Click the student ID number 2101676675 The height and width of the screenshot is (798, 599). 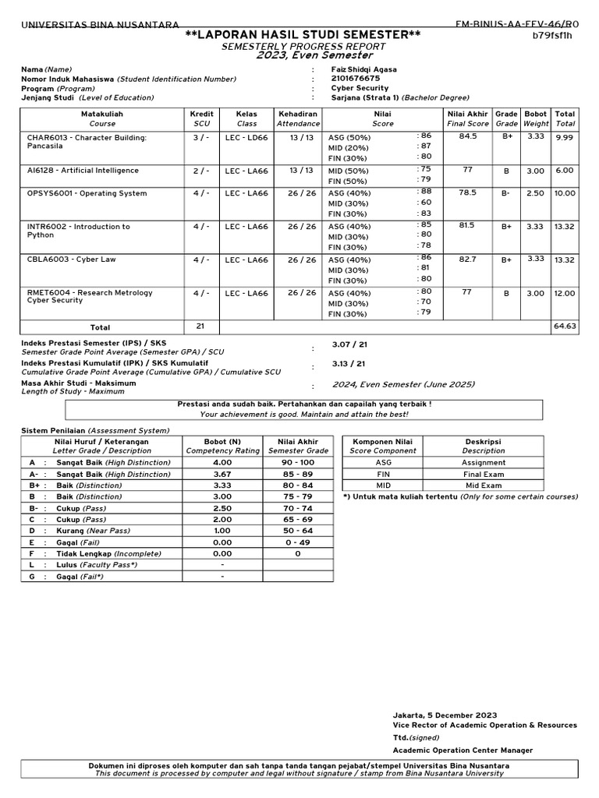(x=356, y=79)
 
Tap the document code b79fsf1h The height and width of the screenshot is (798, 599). (x=552, y=36)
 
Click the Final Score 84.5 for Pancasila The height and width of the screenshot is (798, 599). (x=468, y=136)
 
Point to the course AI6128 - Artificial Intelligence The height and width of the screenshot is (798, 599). (x=83, y=170)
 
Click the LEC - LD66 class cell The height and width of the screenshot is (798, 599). (x=246, y=138)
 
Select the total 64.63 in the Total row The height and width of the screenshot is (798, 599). (x=565, y=327)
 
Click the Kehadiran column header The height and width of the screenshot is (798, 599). (x=298, y=114)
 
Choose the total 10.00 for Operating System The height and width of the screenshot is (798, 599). (x=565, y=192)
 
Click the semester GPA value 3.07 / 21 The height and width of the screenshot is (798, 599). (x=349, y=344)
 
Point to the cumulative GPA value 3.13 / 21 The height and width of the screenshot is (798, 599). (x=349, y=363)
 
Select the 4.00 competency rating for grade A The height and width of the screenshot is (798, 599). (x=222, y=462)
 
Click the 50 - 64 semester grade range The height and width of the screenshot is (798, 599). (x=297, y=530)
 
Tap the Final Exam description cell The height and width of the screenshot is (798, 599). (x=483, y=473)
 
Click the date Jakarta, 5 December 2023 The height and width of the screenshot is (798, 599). (x=445, y=715)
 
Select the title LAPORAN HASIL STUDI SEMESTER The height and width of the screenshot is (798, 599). (x=303, y=35)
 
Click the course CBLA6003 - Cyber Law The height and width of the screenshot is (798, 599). (x=71, y=260)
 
